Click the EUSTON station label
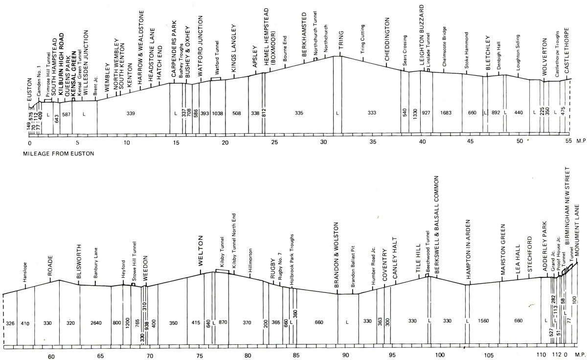29,90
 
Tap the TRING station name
340,40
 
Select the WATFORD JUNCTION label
201,46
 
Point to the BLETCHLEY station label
488,53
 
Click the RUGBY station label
273,269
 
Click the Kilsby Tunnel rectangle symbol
222,271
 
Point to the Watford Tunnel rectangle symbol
216,79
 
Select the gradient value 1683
446,113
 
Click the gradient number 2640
96,323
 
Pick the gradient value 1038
218,113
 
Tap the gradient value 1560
483,321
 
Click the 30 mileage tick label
324,142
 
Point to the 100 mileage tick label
440,355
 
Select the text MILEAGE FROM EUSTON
58,154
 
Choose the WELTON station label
201,251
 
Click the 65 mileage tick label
100,356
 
